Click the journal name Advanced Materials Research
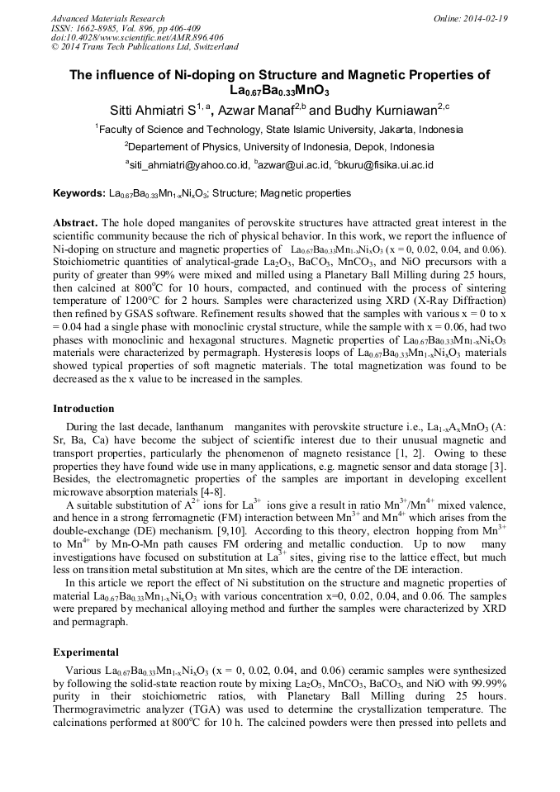pos(107,18)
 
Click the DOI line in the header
pos(136,37)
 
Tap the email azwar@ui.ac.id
pos(292,165)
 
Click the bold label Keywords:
pos(78,193)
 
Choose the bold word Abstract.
pos(75,223)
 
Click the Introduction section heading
pos(84,408)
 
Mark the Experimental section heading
pos(85,652)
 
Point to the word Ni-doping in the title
pos(183,74)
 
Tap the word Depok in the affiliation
pos(371,147)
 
